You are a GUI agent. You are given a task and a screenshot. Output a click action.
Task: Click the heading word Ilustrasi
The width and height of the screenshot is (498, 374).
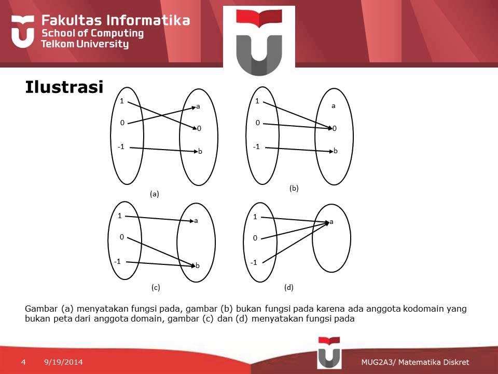coord(64,87)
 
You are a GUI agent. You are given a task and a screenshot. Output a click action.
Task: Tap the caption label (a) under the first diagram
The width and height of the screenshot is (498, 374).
coord(154,194)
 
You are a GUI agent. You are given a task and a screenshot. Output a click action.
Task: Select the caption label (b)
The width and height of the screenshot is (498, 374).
coord(294,189)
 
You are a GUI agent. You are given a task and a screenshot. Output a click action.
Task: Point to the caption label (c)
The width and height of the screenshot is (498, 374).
coord(156,287)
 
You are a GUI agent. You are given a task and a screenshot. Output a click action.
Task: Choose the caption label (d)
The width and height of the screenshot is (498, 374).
coord(289,287)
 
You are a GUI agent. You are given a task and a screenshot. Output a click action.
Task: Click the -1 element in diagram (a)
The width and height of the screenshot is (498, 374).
coord(121,146)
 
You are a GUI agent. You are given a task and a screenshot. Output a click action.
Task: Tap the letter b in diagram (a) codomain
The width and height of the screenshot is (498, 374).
coord(200,152)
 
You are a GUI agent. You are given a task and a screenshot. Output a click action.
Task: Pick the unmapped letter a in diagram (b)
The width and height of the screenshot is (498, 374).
coord(334,105)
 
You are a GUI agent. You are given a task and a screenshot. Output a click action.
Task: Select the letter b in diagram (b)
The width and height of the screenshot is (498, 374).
coord(336,151)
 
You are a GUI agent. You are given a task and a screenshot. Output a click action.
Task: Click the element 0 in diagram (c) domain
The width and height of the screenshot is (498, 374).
coord(121,237)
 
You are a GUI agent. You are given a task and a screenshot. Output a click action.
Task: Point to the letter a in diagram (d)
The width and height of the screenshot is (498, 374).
coord(331,222)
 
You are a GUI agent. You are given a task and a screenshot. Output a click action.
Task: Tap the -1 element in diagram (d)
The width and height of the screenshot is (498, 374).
coord(254,263)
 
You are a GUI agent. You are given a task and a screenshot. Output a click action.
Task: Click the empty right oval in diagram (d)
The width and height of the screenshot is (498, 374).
coord(332,249)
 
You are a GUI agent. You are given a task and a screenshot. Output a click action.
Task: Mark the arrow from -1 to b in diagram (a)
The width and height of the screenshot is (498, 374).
coord(163,150)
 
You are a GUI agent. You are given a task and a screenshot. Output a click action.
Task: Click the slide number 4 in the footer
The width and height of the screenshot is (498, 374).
coord(23,362)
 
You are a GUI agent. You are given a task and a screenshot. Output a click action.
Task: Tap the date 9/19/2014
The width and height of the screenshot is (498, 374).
coord(63,362)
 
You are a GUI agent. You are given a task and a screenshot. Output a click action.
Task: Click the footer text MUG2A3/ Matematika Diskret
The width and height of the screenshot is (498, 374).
coord(415,362)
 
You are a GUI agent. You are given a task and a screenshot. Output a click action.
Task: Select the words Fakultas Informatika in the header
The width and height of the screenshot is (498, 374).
coord(115,21)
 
